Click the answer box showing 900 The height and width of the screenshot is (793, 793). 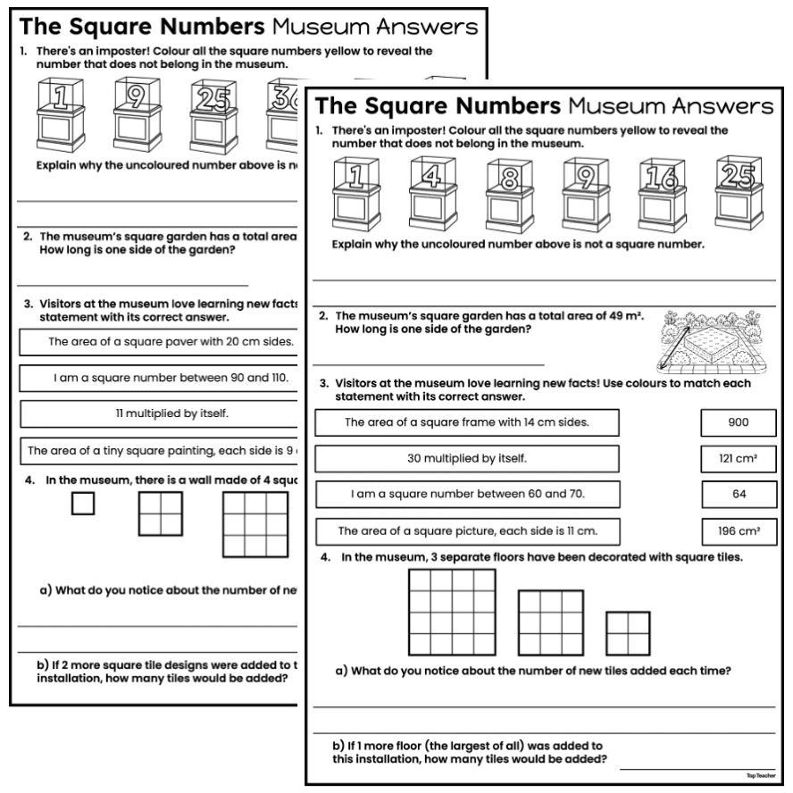pyautogui.click(x=738, y=422)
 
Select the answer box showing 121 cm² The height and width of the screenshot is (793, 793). pyautogui.click(x=738, y=458)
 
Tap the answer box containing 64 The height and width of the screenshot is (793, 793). pyautogui.click(x=738, y=494)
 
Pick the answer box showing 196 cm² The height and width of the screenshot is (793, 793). pyautogui.click(x=738, y=531)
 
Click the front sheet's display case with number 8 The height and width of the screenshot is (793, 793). pyautogui.click(x=509, y=194)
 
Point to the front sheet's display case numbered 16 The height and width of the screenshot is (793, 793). pyautogui.click(x=663, y=194)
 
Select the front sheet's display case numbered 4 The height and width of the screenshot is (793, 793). pyautogui.click(x=433, y=194)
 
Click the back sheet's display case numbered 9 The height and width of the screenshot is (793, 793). pyautogui.click(x=137, y=113)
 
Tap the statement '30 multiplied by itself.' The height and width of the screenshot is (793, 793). pyautogui.click(x=466, y=458)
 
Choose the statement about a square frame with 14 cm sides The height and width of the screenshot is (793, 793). pyautogui.click(x=466, y=422)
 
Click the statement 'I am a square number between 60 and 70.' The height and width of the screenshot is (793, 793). pyautogui.click(x=466, y=494)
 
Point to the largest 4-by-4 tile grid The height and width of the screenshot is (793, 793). pyautogui.click(x=452, y=611)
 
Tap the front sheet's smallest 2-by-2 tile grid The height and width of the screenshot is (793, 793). pyautogui.click(x=628, y=633)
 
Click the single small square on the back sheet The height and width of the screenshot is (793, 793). pyautogui.click(x=83, y=504)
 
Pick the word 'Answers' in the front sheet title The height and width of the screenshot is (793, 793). pyautogui.click(x=715, y=106)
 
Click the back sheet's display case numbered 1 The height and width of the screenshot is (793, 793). pyautogui.click(x=60, y=113)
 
